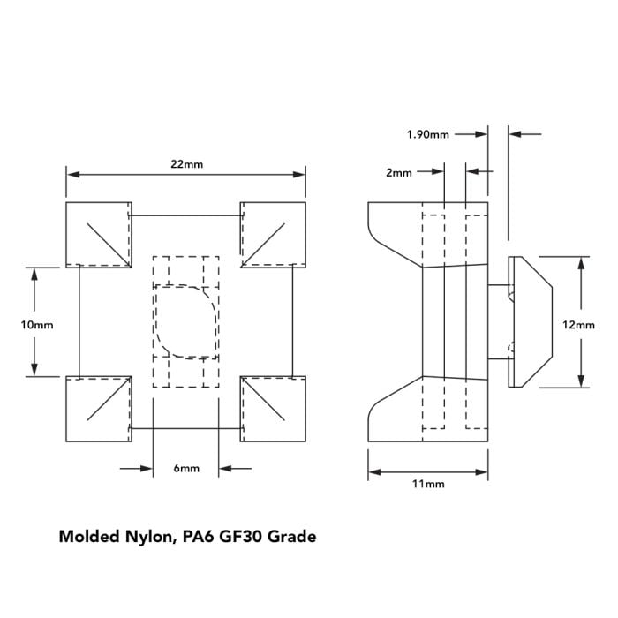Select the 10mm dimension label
point(36,324)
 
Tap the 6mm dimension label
point(185,469)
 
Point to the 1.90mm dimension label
point(427,134)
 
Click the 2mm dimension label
point(398,173)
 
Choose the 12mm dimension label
point(579,324)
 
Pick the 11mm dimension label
point(427,485)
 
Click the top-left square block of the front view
point(99,234)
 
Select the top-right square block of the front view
point(273,234)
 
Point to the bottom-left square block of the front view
point(99,408)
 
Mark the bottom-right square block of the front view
point(273,408)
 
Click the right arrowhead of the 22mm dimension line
point(301,175)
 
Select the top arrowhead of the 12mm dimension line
point(582,261)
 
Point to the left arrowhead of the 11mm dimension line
point(373,471)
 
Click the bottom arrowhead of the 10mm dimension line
point(35,371)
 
